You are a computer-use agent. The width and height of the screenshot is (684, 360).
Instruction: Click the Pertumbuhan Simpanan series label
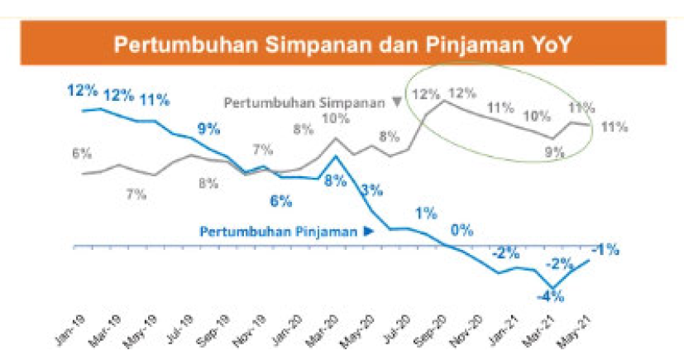click(x=305, y=103)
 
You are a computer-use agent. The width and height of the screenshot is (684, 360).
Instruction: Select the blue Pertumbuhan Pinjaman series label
click(x=280, y=232)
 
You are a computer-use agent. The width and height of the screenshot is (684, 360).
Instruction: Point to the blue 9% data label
click(x=208, y=129)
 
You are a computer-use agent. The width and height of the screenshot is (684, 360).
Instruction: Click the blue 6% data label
click(x=281, y=200)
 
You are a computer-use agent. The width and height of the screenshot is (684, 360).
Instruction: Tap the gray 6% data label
click(x=81, y=153)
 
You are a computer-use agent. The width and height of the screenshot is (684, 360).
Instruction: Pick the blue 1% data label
click(x=425, y=214)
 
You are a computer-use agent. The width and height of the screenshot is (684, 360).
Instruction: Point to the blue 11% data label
click(x=155, y=100)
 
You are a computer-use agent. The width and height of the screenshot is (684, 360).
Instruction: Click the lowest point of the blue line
click(x=552, y=287)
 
